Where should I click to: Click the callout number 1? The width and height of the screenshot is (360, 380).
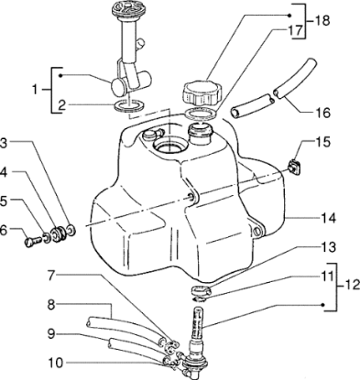(34, 90)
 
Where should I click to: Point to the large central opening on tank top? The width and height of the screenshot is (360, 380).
(170, 146)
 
